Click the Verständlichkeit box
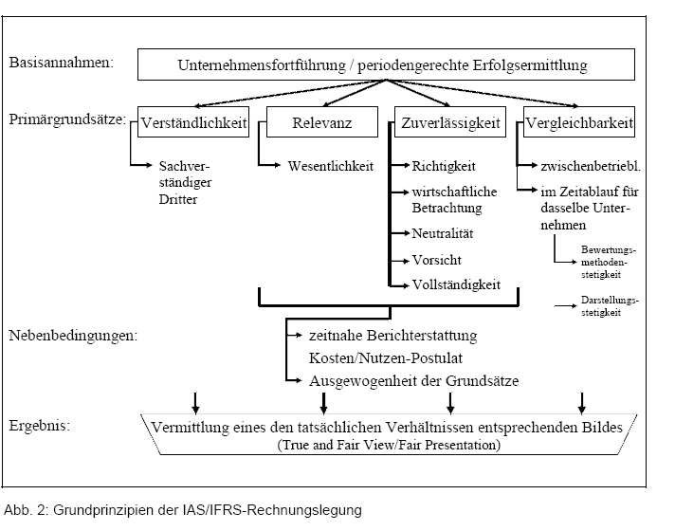(193, 122)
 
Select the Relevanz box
(322, 122)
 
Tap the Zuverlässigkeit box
(450, 122)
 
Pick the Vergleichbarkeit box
(579, 122)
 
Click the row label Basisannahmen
(62, 63)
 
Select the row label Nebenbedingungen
(73, 336)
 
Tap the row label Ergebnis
(40, 426)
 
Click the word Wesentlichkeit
(331, 166)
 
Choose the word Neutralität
(443, 233)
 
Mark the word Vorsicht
(437, 260)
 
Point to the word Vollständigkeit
(456, 284)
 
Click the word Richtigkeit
(444, 166)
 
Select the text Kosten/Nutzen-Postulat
(386, 357)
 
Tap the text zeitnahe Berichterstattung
(393, 336)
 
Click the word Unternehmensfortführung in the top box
(262, 65)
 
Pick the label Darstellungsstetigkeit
(610, 306)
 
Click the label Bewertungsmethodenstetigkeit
(609, 262)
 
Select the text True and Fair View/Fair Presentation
(389, 445)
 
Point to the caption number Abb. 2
(26, 510)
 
